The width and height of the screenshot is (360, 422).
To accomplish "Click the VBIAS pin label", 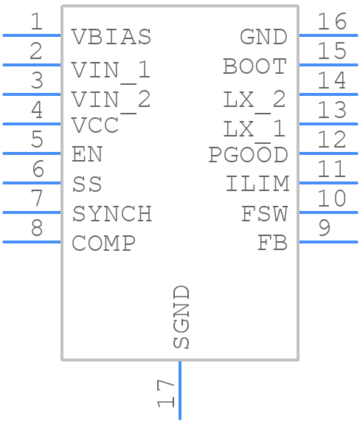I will click(111, 37).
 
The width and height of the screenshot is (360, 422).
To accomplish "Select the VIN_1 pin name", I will click(111, 70).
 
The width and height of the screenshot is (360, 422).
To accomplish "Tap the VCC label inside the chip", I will click(95, 125).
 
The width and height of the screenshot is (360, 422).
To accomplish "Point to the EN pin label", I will click(87, 155).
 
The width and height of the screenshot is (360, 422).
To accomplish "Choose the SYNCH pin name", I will click(112, 214).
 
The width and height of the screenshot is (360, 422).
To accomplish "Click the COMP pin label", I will click(103, 243).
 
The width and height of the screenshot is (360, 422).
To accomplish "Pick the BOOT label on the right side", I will click(255, 66).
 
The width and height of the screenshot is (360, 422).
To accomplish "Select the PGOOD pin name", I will click(248, 155).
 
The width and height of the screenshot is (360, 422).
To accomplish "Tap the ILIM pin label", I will click(257, 184).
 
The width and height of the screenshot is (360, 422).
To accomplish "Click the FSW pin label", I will click(264, 214).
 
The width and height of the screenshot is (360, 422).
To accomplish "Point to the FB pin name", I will click(272, 243).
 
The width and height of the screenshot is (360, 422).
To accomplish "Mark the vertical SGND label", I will click(181, 317).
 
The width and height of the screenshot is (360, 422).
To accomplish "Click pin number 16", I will click(332, 21).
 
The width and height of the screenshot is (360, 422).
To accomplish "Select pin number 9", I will click(324, 228).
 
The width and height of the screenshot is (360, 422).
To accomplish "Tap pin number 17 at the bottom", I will click(166, 393).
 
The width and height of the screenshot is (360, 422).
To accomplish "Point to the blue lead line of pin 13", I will click(328, 124).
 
